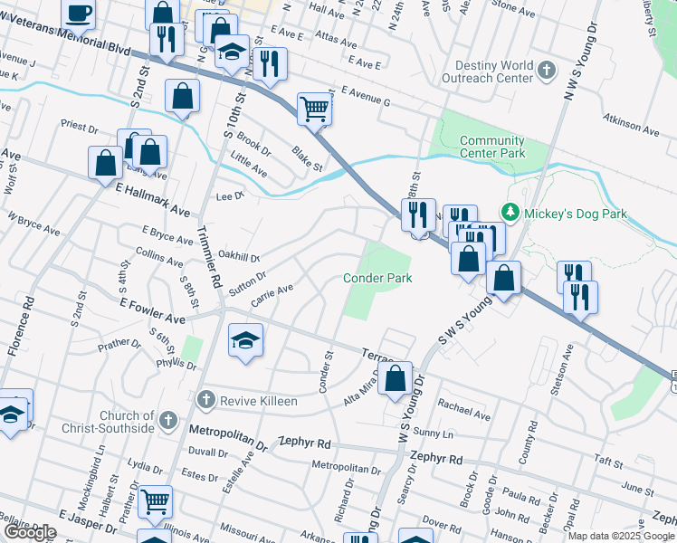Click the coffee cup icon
pyautogui.click(x=79, y=14)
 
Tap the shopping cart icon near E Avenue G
pyautogui.click(x=314, y=109)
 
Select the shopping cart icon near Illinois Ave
pyautogui.click(x=156, y=500)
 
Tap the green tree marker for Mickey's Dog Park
pyautogui.click(x=510, y=213)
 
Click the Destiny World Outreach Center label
pyautogui.click(x=488, y=71)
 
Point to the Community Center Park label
pyautogui.click(x=491, y=147)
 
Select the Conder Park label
pyautogui.click(x=377, y=278)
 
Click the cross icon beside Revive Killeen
pyautogui.click(x=205, y=399)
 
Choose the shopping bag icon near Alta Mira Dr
pyautogui.click(x=395, y=379)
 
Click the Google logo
pyautogui.click(x=30, y=532)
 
